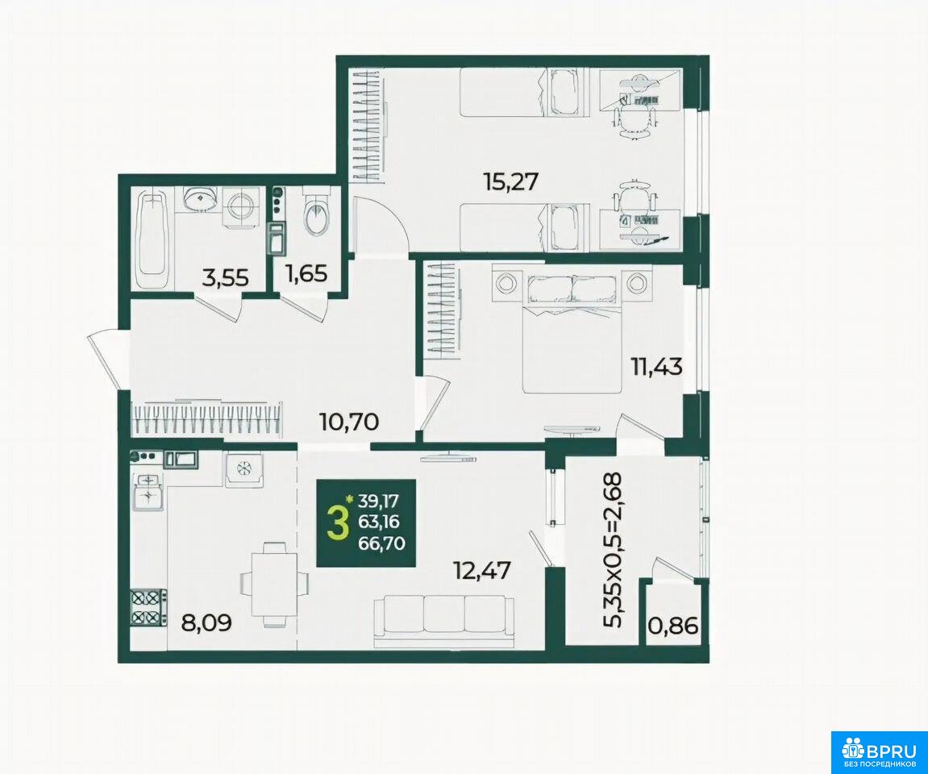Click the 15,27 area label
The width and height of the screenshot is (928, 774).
click(x=510, y=181)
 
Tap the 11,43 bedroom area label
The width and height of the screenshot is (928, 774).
click(x=655, y=367)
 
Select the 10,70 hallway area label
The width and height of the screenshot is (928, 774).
click(x=348, y=422)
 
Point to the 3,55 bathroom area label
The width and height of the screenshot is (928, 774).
click(x=225, y=277)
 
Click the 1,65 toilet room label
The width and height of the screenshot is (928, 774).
click(x=306, y=273)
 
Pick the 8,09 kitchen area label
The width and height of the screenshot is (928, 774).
click(x=207, y=622)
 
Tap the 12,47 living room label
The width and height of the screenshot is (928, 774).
click(x=481, y=571)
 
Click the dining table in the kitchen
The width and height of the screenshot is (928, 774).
click(x=274, y=584)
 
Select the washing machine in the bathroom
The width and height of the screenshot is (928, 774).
click(x=241, y=207)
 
